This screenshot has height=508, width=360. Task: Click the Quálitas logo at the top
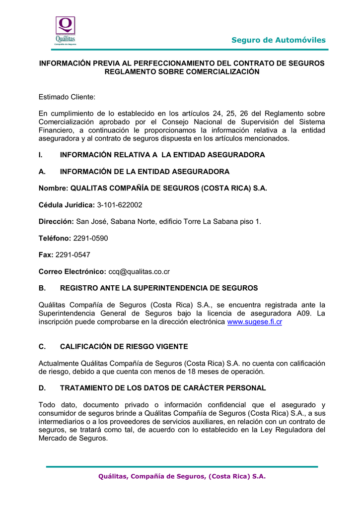[x=65, y=31]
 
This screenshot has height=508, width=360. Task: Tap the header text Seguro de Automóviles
[x=278, y=40]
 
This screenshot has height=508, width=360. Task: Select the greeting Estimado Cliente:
[x=67, y=97]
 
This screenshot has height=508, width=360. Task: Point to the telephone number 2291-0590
[x=90, y=238]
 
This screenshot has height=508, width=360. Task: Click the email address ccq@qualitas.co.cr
[x=139, y=271]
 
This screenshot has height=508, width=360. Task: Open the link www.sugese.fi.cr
[x=254, y=322]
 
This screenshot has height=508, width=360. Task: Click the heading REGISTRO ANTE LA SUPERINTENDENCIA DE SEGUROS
[x=159, y=288]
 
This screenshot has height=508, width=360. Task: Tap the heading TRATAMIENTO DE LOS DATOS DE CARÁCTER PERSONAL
[x=163, y=388]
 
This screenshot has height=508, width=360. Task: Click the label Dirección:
[x=56, y=221]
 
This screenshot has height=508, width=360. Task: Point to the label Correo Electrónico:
[x=72, y=271]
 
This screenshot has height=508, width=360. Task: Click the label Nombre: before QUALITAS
[x=54, y=188]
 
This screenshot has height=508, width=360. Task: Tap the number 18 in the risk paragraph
[x=188, y=372]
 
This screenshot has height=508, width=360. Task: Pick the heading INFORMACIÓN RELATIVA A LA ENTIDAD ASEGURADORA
[x=162, y=155]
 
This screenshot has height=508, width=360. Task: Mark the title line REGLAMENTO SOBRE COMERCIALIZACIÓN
[x=182, y=72]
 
